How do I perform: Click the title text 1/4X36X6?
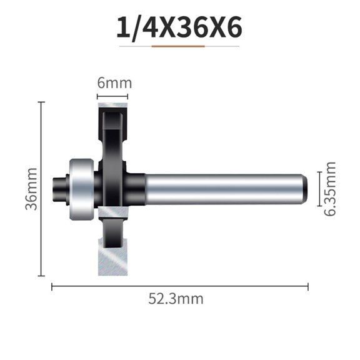[179, 28]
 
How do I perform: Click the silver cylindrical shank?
[225, 188]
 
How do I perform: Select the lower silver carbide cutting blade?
[111, 250]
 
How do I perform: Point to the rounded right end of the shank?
[304, 188]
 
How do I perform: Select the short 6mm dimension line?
[112, 96]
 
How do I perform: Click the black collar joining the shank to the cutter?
[136, 188]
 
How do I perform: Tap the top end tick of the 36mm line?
[41, 102]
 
